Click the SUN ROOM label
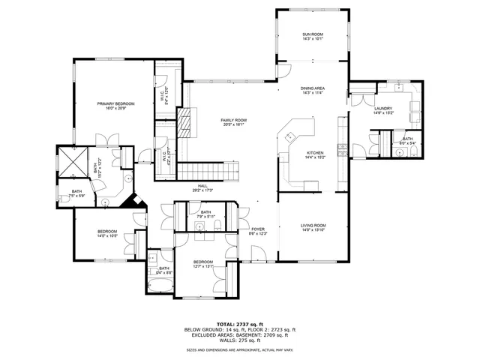(312, 34)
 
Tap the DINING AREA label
(312, 88)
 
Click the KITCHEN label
(314, 153)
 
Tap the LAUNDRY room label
(383, 109)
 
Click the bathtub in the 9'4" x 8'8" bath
(158, 286)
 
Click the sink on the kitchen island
(289, 136)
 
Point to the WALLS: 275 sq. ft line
(240, 339)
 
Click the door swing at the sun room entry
(284, 70)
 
